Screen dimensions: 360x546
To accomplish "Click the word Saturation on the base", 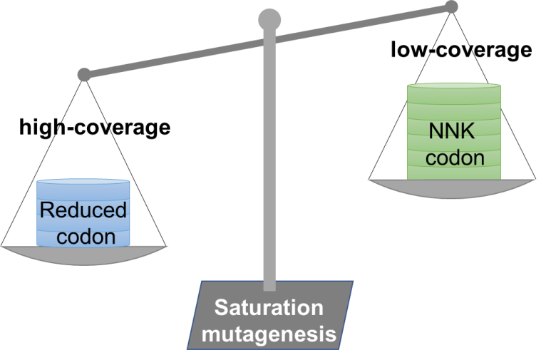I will tap(269, 308).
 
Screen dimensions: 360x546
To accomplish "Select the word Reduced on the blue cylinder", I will tap(83, 211).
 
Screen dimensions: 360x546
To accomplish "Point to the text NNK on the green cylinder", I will tap(454, 131).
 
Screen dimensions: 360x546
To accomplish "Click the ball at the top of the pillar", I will tap(269, 20).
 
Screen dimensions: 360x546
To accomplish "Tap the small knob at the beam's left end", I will tap(84, 73).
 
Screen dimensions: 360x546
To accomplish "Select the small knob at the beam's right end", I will tap(450, 7).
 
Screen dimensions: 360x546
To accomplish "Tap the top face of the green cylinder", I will tap(454, 87).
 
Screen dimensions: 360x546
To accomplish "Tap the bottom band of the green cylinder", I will tap(454, 173).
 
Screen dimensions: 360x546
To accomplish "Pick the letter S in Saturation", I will tap(221, 307).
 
